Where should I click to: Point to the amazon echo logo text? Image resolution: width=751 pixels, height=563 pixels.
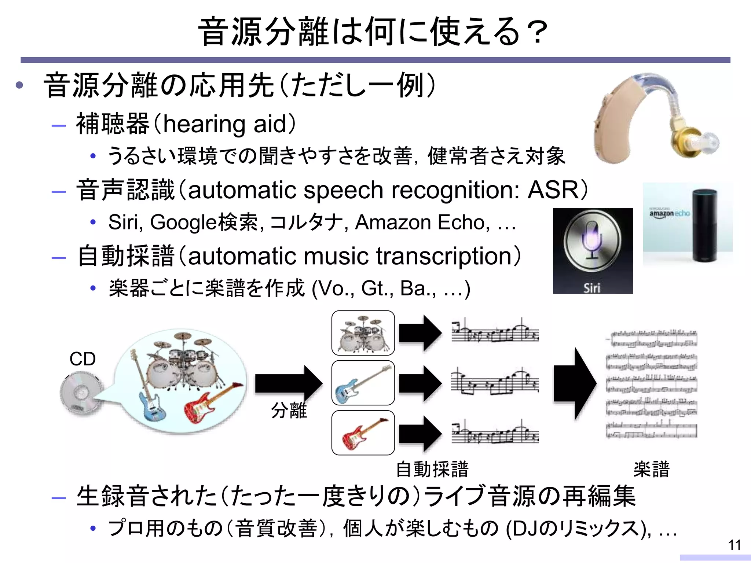[669, 213]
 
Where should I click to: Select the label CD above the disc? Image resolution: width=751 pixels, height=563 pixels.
[83, 359]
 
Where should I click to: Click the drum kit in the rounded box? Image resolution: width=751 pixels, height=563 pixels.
[363, 333]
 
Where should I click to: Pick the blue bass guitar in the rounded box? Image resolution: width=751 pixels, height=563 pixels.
[363, 383]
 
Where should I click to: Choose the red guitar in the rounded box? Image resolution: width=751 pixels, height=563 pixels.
[363, 433]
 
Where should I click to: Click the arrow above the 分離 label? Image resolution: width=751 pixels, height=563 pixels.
[288, 383]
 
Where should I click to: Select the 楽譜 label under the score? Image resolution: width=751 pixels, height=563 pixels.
[651, 470]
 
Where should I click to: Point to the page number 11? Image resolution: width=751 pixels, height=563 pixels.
[734, 545]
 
